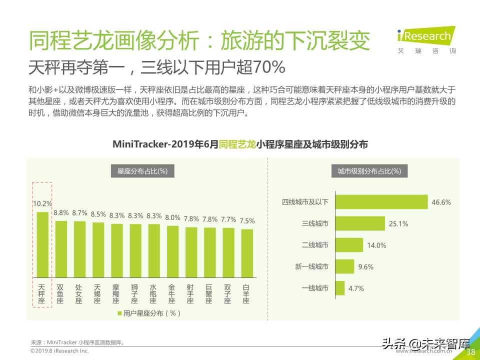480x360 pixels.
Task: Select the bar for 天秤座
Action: point(42,244)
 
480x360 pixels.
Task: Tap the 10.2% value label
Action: point(42,204)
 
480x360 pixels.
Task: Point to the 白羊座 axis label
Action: point(246,294)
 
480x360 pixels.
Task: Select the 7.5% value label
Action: point(247,220)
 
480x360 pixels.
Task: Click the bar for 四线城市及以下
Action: point(381,202)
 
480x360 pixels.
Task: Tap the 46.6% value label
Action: point(441,202)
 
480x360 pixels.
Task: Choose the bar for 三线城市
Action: point(360,223)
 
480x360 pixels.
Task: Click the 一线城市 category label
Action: point(315,288)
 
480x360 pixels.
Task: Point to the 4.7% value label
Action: point(356,288)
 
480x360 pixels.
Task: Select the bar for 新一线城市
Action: point(344,266)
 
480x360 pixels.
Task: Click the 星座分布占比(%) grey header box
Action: point(142,171)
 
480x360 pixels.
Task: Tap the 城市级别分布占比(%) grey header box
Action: point(369,171)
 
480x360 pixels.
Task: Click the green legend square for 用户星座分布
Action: point(119,313)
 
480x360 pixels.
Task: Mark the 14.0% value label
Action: point(376,245)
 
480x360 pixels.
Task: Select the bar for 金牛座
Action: point(172,251)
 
